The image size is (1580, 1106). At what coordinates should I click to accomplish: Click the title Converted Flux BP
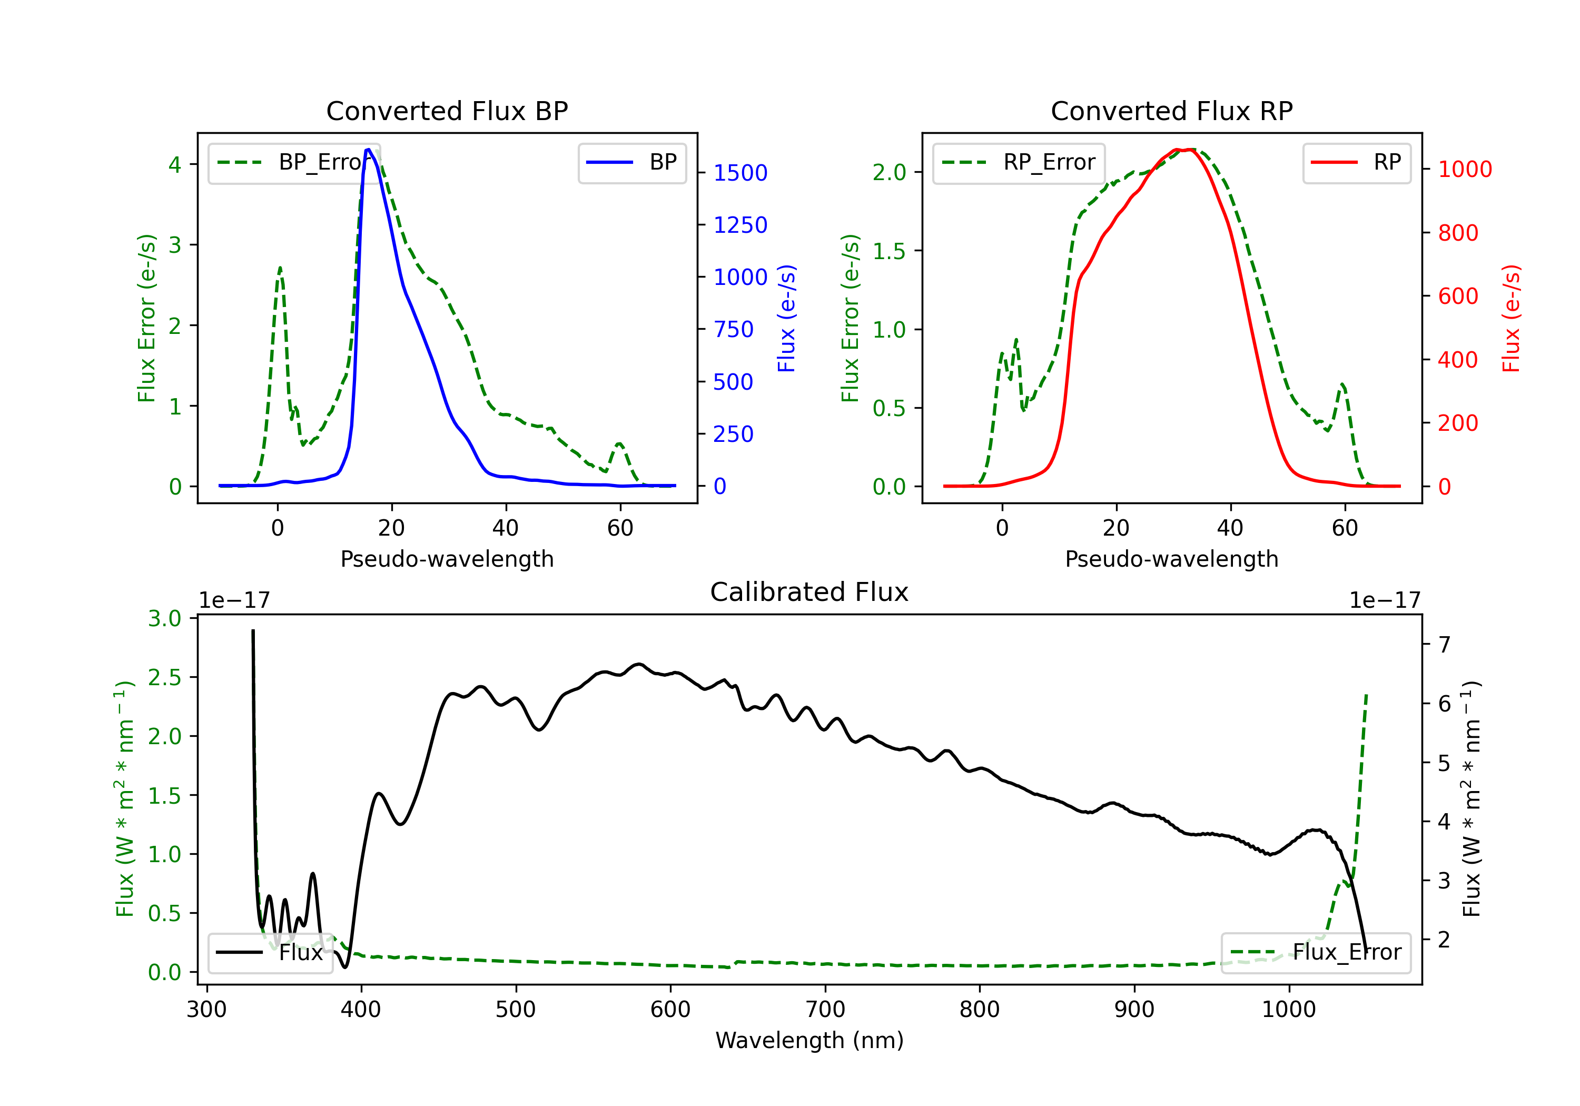point(447,111)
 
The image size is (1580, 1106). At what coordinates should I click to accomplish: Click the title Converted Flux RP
point(1171,111)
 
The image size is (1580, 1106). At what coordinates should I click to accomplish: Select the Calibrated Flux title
point(809,592)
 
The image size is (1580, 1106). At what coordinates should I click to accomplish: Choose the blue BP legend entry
point(631,162)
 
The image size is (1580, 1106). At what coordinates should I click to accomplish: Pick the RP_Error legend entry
point(1019,162)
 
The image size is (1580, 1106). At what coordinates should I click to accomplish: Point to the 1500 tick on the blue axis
point(740,173)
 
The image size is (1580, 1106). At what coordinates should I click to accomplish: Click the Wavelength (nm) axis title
point(809,1040)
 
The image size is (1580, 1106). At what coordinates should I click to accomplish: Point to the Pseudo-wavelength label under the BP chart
point(447,559)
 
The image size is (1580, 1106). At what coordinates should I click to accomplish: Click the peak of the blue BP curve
point(368,150)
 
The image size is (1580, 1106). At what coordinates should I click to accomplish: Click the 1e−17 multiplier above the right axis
point(1385,600)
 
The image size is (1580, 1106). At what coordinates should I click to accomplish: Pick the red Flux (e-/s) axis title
point(1511,319)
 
